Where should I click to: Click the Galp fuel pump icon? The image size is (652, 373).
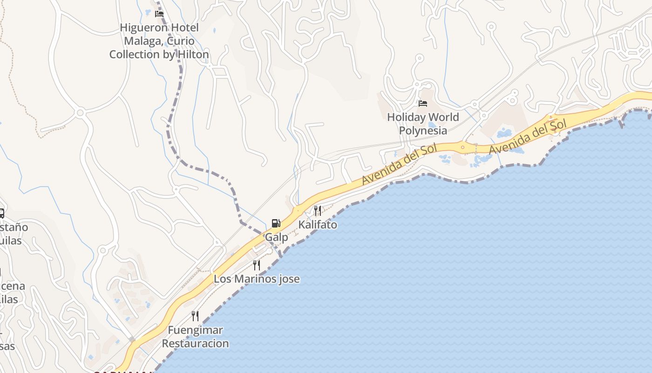pyautogui.click(x=276, y=223)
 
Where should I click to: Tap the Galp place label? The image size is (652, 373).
pyautogui.click(x=277, y=237)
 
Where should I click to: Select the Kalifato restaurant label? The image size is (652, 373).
pyautogui.click(x=318, y=225)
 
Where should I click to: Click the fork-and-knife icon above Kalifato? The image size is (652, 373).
pyautogui.click(x=318, y=210)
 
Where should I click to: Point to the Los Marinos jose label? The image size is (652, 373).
pyautogui.click(x=257, y=279)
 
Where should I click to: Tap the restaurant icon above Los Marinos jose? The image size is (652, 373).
pyautogui.click(x=257, y=265)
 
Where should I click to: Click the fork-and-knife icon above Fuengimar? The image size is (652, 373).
pyautogui.click(x=195, y=316)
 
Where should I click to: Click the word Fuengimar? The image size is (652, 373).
pyautogui.click(x=196, y=330)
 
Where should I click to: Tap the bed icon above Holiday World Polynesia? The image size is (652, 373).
pyautogui.click(x=423, y=103)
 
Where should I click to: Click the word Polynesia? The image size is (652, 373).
pyautogui.click(x=423, y=131)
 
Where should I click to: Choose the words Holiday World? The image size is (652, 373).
pyautogui.click(x=423, y=117)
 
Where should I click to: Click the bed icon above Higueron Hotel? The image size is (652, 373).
pyautogui.click(x=159, y=14)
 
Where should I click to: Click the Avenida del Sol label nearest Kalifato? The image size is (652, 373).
pyautogui.click(x=400, y=164)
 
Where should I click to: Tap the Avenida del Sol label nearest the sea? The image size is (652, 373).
pyautogui.click(x=528, y=137)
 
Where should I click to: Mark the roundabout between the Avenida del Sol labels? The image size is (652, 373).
pyautogui.click(x=462, y=147)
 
